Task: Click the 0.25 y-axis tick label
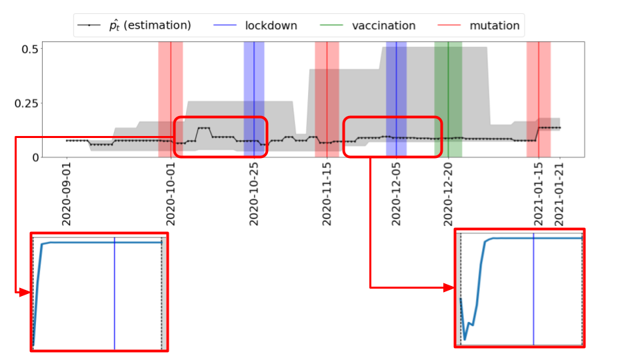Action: click(x=25, y=103)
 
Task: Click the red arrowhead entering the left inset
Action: click(x=26, y=292)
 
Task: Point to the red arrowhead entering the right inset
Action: click(x=450, y=287)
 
